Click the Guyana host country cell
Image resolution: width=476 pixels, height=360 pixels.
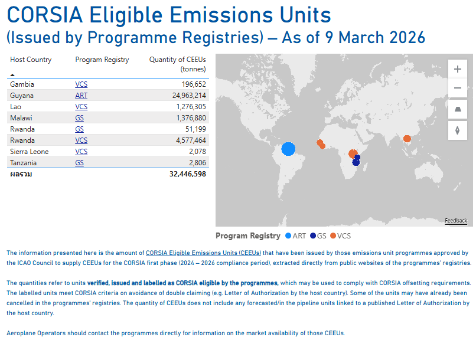tap(21, 96)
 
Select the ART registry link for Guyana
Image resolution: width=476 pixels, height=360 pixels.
tap(81, 96)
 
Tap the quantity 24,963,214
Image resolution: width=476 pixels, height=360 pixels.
tap(189, 96)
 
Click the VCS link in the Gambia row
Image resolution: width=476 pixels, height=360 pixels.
tap(81, 84)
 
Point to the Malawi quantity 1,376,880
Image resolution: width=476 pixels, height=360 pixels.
tap(191, 118)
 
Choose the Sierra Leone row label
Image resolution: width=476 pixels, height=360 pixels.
tap(29, 152)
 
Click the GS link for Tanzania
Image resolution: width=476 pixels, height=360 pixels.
tap(79, 163)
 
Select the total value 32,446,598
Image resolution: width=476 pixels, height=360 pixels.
tap(188, 174)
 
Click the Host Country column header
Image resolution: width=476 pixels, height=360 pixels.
tap(31, 60)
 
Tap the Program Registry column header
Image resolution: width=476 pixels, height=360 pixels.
tap(102, 60)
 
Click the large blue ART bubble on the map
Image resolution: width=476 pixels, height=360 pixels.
tap(288, 149)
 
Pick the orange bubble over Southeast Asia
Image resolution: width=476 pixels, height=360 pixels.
tap(407, 139)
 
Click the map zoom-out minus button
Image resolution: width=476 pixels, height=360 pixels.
tap(458, 88)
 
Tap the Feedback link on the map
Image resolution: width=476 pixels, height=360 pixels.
tap(456, 221)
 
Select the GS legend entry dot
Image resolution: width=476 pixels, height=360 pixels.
tap(313, 235)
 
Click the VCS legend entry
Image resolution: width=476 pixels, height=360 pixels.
tap(340, 235)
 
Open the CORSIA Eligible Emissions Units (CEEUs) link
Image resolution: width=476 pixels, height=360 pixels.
tap(203, 253)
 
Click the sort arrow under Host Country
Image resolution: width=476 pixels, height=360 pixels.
tap(12, 74)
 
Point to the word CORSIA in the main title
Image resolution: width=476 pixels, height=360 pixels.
tap(45, 15)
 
